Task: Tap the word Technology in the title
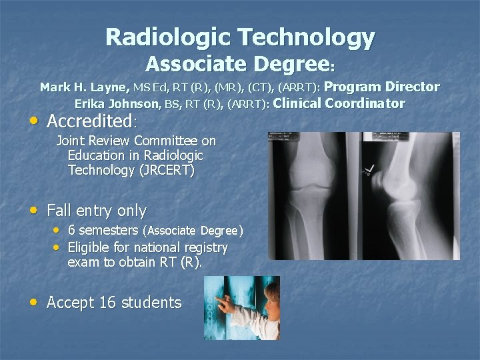click(x=307, y=37)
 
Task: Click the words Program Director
click(x=382, y=87)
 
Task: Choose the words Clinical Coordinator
click(x=339, y=103)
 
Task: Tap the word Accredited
click(x=90, y=122)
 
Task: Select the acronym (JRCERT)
click(x=166, y=170)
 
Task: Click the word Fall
click(x=60, y=211)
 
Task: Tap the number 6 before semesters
click(x=72, y=231)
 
